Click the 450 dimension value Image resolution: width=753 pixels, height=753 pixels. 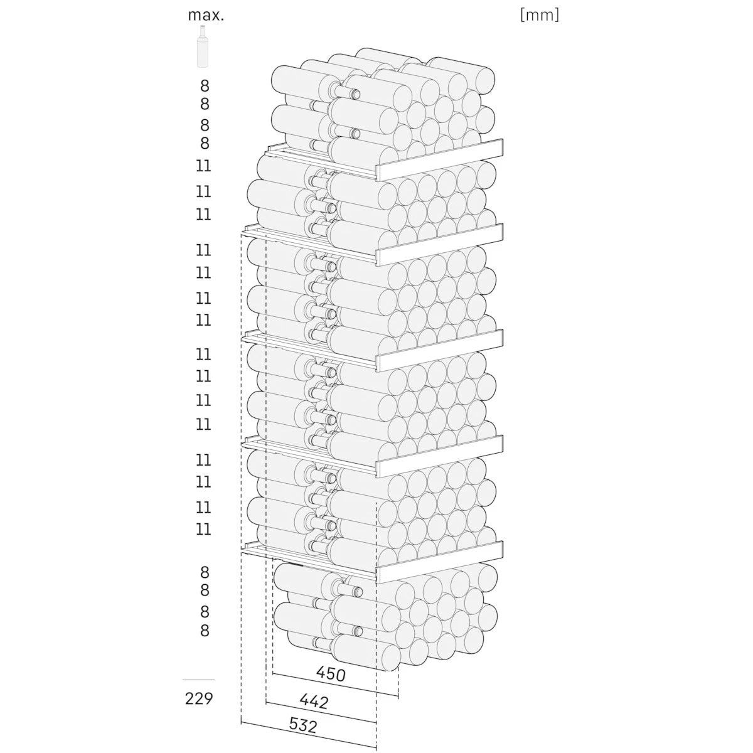point(331,675)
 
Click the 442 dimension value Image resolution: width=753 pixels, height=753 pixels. point(314,701)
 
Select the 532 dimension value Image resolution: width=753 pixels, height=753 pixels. point(303,726)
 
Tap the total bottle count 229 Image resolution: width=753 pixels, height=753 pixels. point(200,698)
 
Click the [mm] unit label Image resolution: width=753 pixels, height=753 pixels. point(539,15)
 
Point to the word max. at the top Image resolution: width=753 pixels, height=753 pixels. point(206,15)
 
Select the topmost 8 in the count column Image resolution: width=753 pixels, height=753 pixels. point(205,86)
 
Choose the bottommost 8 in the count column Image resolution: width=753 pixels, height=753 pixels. point(205,630)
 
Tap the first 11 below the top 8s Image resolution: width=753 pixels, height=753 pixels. point(203,166)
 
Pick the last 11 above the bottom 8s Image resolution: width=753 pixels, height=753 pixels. point(203,529)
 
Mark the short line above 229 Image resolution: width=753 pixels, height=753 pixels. point(198,680)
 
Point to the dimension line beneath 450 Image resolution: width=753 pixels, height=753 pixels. point(336,686)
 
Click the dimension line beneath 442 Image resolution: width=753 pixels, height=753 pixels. point(321,712)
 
